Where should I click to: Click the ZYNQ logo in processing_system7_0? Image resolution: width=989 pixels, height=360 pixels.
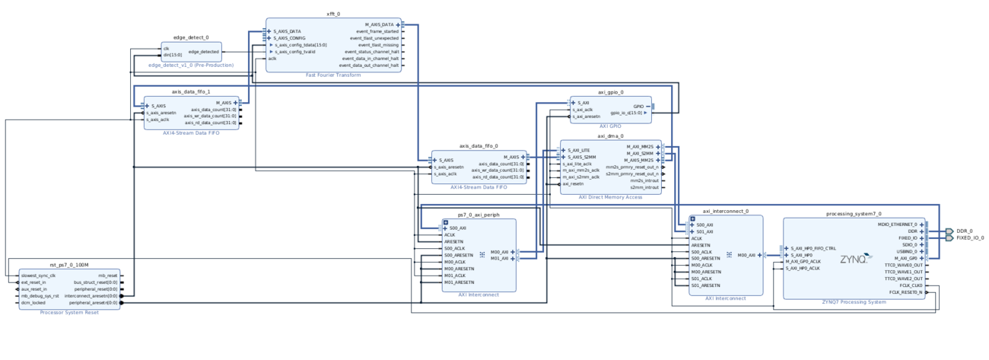854,259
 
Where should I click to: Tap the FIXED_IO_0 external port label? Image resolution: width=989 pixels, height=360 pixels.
970,237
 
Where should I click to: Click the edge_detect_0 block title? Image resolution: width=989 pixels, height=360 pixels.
190,37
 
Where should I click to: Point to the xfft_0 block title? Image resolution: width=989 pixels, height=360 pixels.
333,14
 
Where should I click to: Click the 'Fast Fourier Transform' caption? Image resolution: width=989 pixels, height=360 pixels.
333,75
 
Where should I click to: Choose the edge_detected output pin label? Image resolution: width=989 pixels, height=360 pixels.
204,52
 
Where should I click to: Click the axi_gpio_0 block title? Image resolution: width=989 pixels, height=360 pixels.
610,92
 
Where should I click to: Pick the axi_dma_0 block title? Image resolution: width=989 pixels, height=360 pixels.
610,136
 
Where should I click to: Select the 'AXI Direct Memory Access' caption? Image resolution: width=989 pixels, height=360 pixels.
610,197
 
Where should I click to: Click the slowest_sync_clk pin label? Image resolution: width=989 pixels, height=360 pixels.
39,276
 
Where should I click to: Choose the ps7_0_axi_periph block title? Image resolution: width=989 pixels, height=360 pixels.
479,215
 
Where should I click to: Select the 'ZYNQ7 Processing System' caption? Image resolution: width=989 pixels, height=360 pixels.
854,302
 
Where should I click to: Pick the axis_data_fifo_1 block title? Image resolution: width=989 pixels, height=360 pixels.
191,91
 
